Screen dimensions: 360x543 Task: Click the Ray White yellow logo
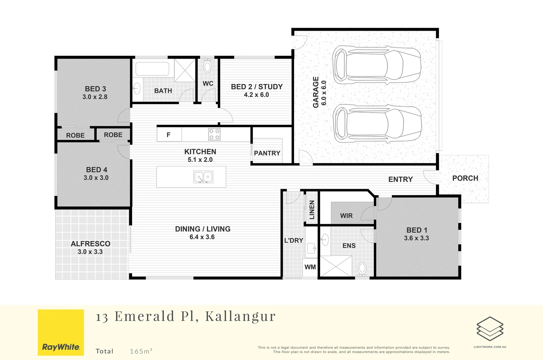(x=61, y=332)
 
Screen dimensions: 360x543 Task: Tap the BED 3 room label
(x=95, y=89)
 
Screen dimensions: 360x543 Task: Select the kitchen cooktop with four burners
(x=214, y=134)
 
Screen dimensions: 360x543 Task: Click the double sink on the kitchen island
(x=203, y=177)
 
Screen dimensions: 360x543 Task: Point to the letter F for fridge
(x=168, y=135)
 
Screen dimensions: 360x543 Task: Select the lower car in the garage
(x=377, y=124)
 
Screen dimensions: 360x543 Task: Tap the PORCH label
(x=465, y=178)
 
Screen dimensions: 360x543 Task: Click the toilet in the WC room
(x=207, y=66)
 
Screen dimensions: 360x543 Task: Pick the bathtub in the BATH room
(x=152, y=69)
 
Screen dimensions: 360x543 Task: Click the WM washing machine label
(x=310, y=267)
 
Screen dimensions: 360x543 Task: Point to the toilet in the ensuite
(x=362, y=269)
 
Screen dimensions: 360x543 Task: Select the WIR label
(x=346, y=216)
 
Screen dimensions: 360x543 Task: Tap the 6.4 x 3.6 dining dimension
(x=202, y=237)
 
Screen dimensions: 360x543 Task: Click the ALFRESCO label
(x=90, y=244)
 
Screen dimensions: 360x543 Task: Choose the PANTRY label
(x=267, y=153)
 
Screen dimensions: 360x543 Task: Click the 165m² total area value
(x=141, y=351)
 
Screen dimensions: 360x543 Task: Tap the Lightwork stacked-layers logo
(x=490, y=329)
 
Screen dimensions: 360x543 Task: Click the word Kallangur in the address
(x=240, y=316)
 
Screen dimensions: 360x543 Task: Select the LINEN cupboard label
(x=312, y=210)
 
